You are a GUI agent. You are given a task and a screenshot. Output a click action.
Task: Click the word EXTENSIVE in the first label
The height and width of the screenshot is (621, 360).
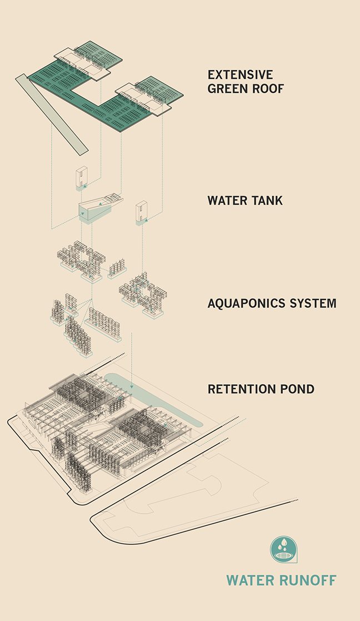240,74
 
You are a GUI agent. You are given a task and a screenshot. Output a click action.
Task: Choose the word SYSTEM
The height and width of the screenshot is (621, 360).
316,304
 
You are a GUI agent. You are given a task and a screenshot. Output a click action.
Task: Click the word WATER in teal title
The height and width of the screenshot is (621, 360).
250,580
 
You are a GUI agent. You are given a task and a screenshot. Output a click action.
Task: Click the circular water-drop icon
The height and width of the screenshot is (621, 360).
283,549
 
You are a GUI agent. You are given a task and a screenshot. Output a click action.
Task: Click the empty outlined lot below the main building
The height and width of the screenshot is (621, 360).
194,500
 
